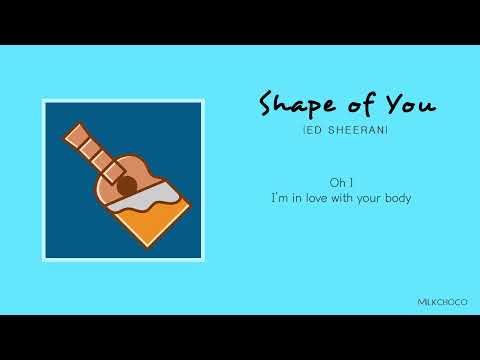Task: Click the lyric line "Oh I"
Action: (340, 181)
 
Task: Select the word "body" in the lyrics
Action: (395, 199)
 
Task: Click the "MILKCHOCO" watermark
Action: (442, 301)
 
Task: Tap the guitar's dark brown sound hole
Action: (126, 185)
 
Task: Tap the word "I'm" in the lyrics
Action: (281, 198)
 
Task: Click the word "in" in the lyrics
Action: (298, 198)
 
